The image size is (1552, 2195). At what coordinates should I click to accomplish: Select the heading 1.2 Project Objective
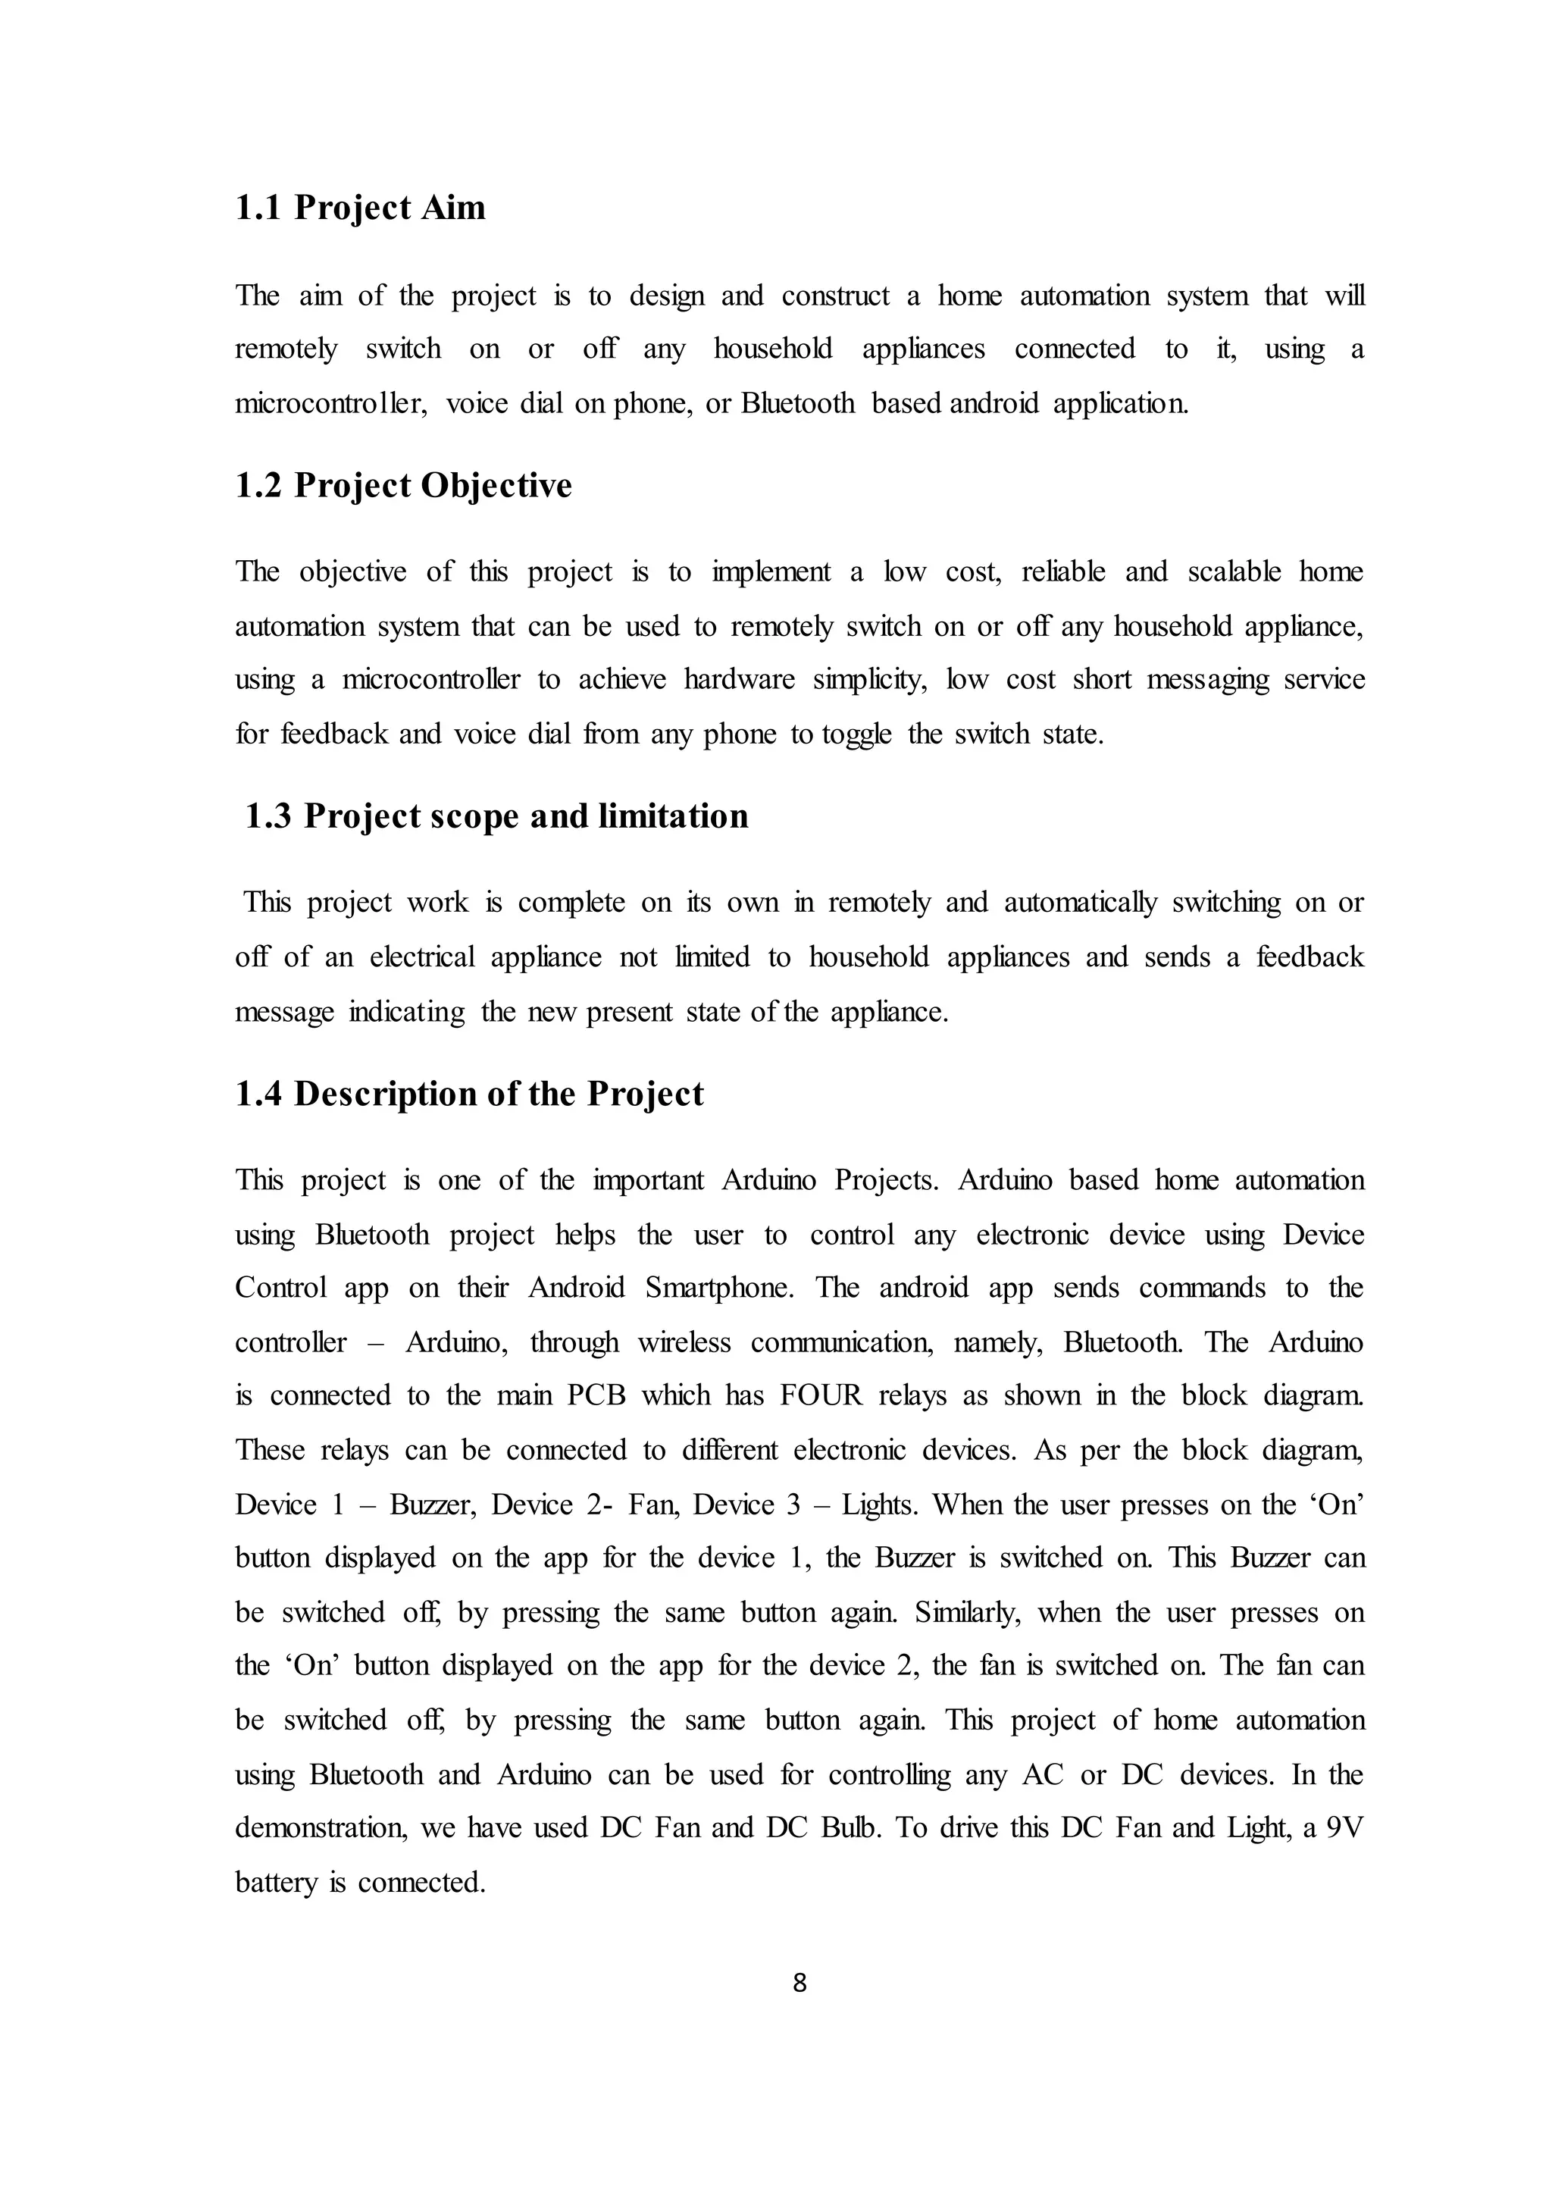pyautogui.click(x=403, y=486)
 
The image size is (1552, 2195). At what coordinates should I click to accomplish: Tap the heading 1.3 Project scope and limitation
pyautogui.click(x=496, y=816)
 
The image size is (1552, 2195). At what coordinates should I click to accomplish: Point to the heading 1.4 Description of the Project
pyautogui.click(x=469, y=1094)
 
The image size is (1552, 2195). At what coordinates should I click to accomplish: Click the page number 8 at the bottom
pyautogui.click(x=800, y=1984)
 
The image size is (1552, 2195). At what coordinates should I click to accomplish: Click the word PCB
pyautogui.click(x=596, y=1396)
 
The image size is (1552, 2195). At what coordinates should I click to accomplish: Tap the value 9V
pyautogui.click(x=1344, y=1828)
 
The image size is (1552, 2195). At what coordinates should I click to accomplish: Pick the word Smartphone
pyautogui.click(x=718, y=1288)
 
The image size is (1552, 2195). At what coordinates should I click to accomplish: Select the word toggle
pyautogui.click(x=856, y=734)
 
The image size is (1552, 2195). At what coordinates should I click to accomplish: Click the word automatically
pyautogui.click(x=1080, y=903)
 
